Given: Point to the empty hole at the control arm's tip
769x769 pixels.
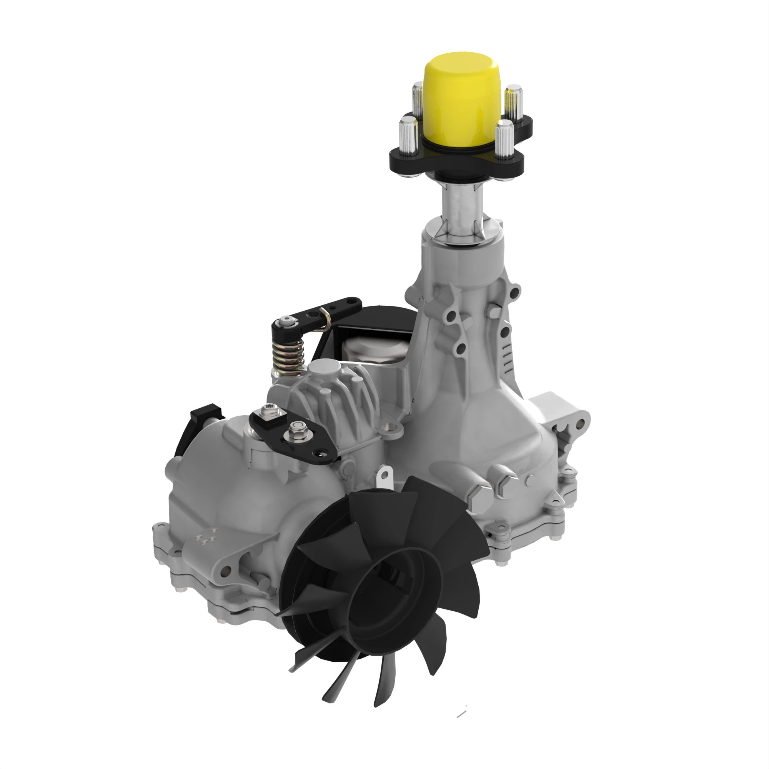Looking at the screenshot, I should [318, 453].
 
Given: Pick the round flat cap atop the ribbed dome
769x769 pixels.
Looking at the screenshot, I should [324, 370].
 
